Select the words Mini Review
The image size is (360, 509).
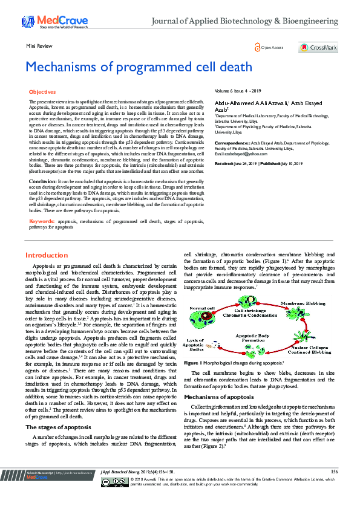pos(37,46)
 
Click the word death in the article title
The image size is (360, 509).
pos(218,66)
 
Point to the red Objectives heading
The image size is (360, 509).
pos(42,91)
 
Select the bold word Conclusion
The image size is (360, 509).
pos(43,181)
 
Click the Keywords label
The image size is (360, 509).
pos(42,222)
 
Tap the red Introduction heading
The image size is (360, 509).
pos(47,256)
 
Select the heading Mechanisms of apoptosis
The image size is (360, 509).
pos(218,380)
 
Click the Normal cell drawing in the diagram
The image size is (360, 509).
pos(203,316)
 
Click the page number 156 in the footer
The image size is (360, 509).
pos(334,488)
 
